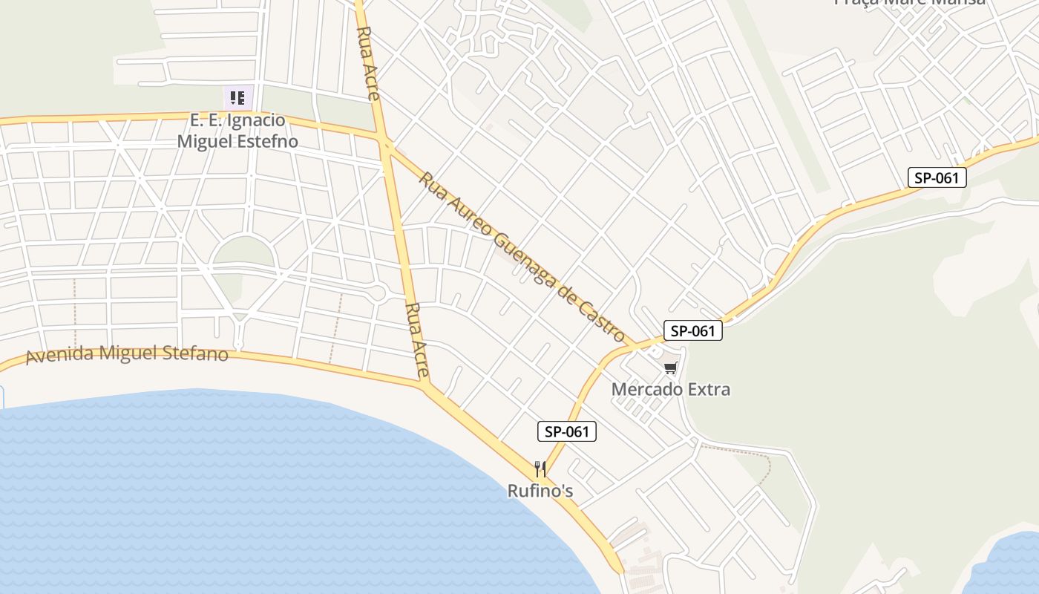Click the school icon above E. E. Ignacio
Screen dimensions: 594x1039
click(x=237, y=97)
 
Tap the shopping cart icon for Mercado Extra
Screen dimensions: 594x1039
click(x=671, y=368)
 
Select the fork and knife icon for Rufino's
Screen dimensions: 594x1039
click(x=540, y=469)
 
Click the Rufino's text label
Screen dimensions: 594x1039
click(x=540, y=491)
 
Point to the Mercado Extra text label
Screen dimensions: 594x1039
click(x=671, y=389)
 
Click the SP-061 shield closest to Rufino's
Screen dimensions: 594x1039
click(x=567, y=431)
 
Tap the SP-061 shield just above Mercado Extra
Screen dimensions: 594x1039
click(x=692, y=330)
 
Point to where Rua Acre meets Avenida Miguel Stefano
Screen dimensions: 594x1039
click(x=425, y=385)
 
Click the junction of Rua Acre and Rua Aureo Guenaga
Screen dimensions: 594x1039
click(x=385, y=140)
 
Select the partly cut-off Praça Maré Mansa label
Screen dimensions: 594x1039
click(x=911, y=2)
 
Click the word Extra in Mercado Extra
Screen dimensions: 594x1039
click(x=708, y=389)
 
